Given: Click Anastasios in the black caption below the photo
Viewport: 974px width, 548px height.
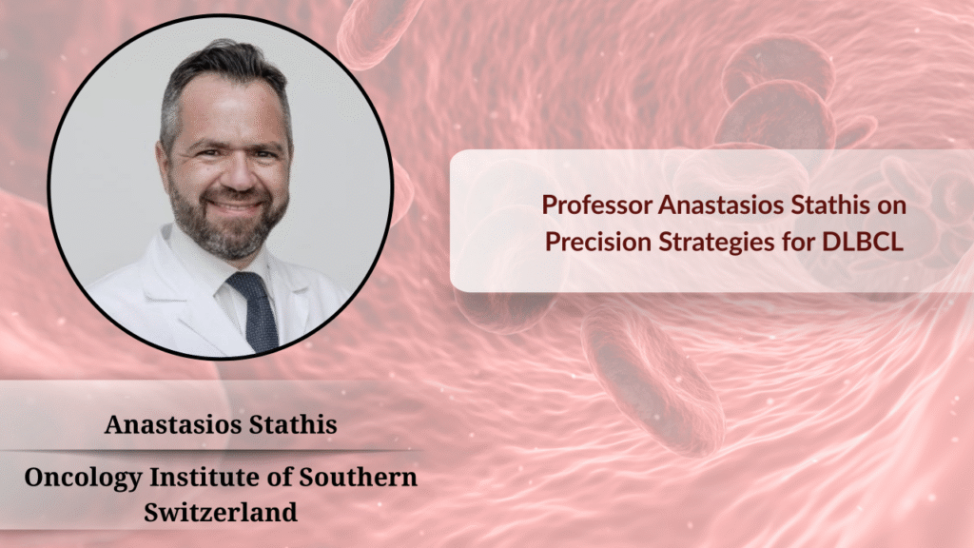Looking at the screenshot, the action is [x=173, y=424].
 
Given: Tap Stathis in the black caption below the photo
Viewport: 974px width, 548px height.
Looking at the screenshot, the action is [x=293, y=424].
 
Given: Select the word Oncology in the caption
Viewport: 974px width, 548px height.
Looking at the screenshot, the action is [x=84, y=479].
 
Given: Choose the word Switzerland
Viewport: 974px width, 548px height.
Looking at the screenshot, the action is [x=221, y=513].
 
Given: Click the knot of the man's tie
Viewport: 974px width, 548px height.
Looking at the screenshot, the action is [x=246, y=284].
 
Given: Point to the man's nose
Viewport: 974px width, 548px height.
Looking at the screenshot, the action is [x=240, y=174].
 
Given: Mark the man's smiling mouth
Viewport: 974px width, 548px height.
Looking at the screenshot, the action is [x=235, y=206].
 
